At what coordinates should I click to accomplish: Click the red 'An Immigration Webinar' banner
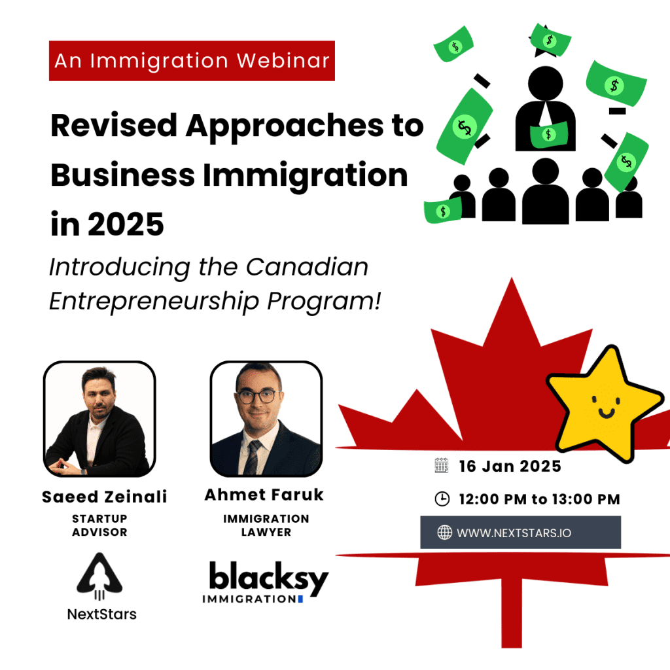(192, 61)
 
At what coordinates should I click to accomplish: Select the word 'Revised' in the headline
(114, 126)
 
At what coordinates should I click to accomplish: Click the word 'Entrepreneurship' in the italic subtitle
(154, 302)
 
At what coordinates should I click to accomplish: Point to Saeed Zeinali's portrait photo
(99, 419)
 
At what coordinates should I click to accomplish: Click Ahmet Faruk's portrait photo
(266, 419)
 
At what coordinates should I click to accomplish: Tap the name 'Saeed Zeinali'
(104, 497)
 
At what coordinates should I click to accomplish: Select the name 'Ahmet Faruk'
(264, 495)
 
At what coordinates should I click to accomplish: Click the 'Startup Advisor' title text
(99, 525)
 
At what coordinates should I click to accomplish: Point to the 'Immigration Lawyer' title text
(266, 525)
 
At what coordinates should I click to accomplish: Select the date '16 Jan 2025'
(510, 466)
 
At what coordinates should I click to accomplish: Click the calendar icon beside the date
(442, 466)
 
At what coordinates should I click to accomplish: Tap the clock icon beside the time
(442, 499)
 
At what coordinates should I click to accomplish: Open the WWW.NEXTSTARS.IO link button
(520, 533)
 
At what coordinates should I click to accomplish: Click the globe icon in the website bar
(444, 533)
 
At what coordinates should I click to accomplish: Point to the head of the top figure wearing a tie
(546, 83)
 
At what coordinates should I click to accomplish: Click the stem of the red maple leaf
(512, 613)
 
